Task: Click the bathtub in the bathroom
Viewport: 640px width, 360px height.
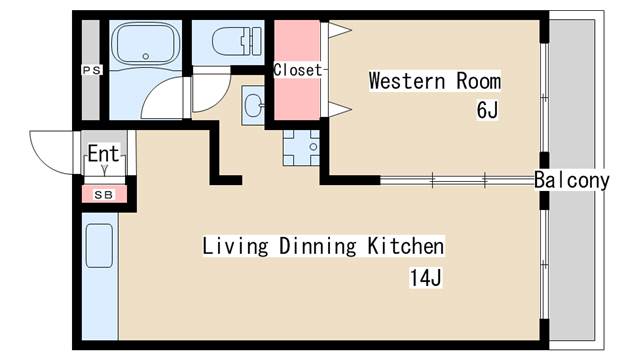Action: tap(145, 43)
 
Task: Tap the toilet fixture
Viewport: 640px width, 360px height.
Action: tap(237, 41)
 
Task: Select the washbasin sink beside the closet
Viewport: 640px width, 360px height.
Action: tap(253, 104)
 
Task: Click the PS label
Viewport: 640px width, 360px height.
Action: tap(92, 70)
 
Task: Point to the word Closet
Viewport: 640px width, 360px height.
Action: tap(298, 70)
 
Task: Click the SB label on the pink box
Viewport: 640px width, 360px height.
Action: tap(104, 195)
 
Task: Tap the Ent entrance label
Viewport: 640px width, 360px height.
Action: tap(104, 153)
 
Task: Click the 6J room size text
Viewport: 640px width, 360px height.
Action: tap(487, 109)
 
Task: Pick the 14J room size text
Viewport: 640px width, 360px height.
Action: tap(425, 278)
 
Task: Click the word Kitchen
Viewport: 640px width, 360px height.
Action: tap(406, 246)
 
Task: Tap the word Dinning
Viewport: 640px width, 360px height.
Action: tap(318, 247)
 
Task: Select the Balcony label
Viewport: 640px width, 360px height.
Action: tap(571, 180)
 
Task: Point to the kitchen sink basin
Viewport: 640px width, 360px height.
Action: tap(99, 246)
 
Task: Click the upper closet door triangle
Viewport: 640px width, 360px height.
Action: tap(340, 30)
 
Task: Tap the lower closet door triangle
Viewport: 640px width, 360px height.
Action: tap(340, 109)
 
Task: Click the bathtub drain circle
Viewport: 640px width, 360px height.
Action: tap(146, 56)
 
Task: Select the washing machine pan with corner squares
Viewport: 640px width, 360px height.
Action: tap(302, 147)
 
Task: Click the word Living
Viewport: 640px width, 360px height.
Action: tap(236, 247)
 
